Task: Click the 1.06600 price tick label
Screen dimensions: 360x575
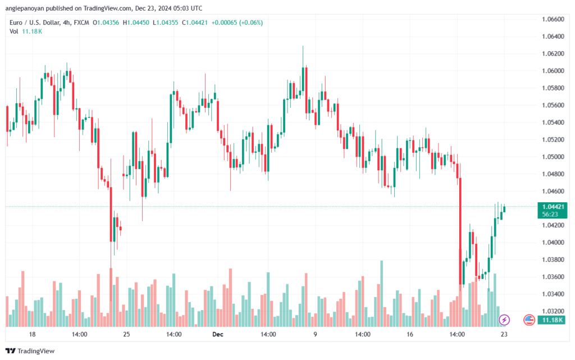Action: tap(553, 19)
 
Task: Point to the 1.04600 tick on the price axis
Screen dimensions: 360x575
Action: tap(553, 191)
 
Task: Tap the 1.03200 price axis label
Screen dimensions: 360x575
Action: tap(553, 311)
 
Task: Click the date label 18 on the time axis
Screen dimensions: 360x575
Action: tap(32, 334)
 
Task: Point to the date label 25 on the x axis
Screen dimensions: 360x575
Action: tap(126, 334)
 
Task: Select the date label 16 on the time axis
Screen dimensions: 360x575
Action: tap(410, 334)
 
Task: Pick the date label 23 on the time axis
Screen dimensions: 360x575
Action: tap(504, 334)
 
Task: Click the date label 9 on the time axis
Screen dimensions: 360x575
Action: tap(315, 334)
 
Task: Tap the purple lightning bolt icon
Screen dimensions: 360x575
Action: tap(504, 320)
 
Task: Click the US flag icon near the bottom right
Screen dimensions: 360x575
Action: tap(529, 320)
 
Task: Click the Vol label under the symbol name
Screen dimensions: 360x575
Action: tap(14, 31)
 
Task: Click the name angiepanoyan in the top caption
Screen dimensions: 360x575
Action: tap(26, 8)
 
